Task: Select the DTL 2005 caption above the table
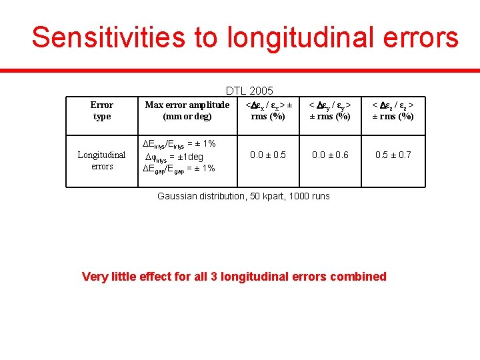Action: (249, 91)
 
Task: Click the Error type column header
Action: (102, 111)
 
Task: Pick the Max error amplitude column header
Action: (187, 111)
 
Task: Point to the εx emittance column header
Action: (269, 111)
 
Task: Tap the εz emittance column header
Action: (393, 111)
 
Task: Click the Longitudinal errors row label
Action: (102, 161)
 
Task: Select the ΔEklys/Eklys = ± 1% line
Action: (180, 144)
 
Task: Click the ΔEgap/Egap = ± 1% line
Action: (179, 168)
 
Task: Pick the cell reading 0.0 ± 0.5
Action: (268, 155)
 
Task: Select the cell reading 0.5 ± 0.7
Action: (393, 155)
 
